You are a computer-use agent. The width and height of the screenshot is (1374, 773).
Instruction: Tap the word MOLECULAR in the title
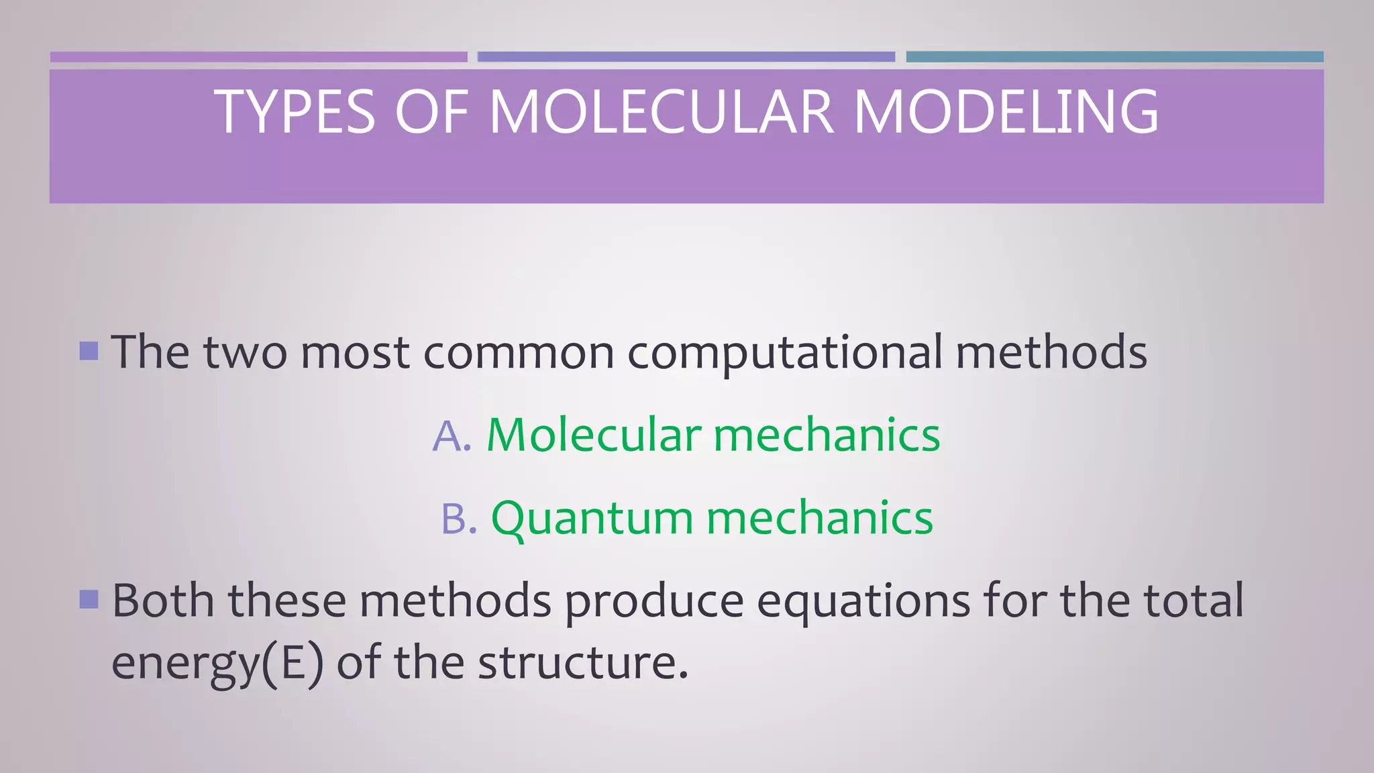tap(661, 112)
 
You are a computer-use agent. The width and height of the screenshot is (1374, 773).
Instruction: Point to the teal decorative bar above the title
tap(1114, 57)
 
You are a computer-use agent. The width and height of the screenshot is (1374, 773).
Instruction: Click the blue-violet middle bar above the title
tap(686, 57)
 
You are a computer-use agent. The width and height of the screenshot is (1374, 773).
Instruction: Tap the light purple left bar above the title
tap(258, 57)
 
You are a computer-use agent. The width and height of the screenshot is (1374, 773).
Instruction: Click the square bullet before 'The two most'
tap(89, 351)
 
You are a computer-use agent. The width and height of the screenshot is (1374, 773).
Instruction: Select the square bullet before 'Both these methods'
tap(89, 599)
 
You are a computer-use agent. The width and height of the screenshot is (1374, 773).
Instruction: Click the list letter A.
tap(451, 436)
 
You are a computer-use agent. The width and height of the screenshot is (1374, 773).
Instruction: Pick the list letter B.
tap(458, 519)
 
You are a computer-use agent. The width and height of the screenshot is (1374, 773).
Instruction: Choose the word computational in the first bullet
tap(784, 353)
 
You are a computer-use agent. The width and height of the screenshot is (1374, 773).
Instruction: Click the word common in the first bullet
tap(518, 353)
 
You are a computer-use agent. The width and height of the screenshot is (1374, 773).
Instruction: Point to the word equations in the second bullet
tap(863, 601)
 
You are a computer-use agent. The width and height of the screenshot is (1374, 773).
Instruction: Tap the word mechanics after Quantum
tap(819, 518)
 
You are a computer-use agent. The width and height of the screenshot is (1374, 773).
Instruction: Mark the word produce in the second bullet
tap(653, 601)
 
